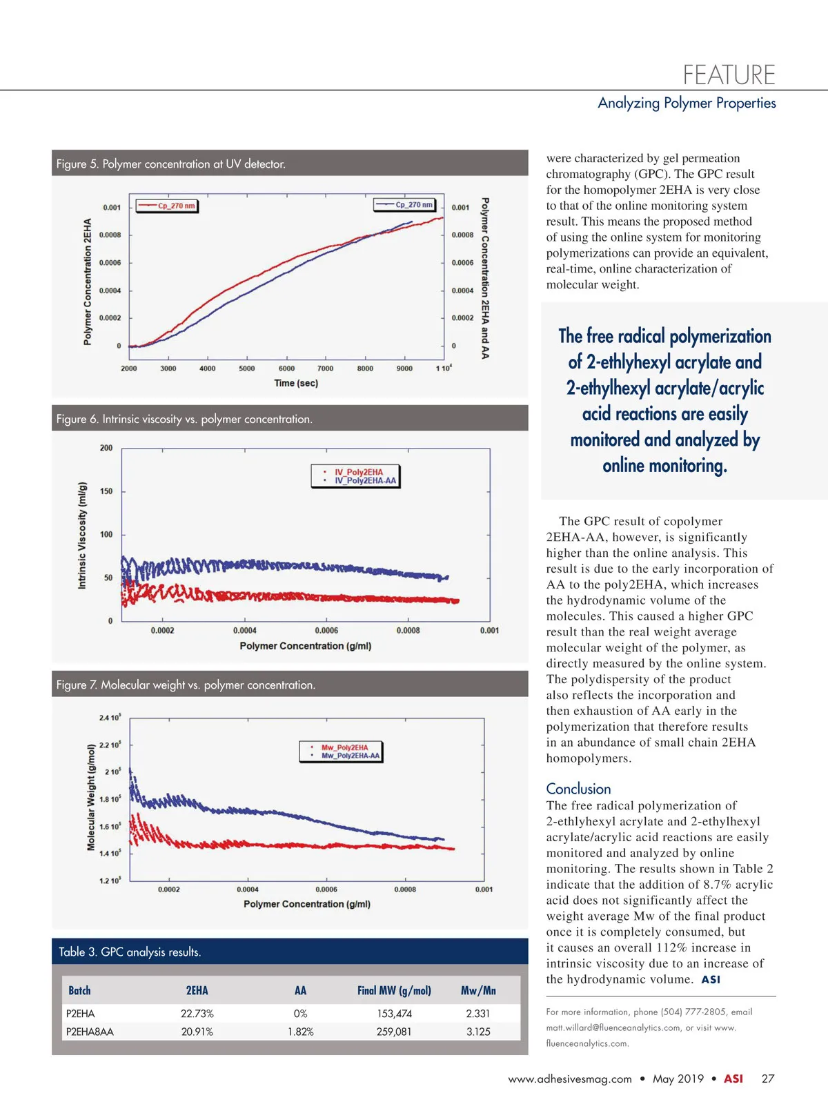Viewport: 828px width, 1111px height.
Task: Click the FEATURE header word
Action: [x=729, y=75]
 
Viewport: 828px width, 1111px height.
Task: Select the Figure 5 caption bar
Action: [x=290, y=164]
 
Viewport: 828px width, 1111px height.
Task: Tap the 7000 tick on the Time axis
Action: [x=325, y=368]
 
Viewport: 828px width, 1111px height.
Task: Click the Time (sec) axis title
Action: [x=296, y=383]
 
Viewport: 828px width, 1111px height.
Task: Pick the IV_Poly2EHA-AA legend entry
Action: [x=365, y=481]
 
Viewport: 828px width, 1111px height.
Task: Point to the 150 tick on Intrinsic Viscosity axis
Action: [x=106, y=491]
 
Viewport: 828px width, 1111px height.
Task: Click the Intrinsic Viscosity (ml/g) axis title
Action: [x=83, y=535]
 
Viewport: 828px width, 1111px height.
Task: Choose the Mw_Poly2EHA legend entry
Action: [x=344, y=747]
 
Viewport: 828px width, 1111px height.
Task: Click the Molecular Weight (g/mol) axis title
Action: [x=91, y=797]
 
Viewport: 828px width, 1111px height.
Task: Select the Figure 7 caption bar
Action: [x=290, y=685]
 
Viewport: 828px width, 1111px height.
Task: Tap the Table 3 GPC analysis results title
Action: [x=130, y=952]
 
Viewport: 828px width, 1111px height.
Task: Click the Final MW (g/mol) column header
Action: [x=394, y=990]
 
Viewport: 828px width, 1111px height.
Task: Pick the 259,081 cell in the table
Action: [x=394, y=1032]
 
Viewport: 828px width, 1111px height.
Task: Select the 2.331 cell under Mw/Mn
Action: [x=477, y=1014]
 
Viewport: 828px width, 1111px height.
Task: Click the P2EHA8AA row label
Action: [x=90, y=1032]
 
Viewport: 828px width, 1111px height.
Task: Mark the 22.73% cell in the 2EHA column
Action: [x=197, y=1014]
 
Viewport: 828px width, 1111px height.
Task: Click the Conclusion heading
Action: [x=578, y=789]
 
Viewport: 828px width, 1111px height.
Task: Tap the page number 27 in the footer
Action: [x=767, y=1079]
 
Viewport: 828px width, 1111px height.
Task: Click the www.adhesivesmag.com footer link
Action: [x=570, y=1079]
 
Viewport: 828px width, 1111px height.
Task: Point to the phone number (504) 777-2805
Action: [x=693, y=1012]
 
